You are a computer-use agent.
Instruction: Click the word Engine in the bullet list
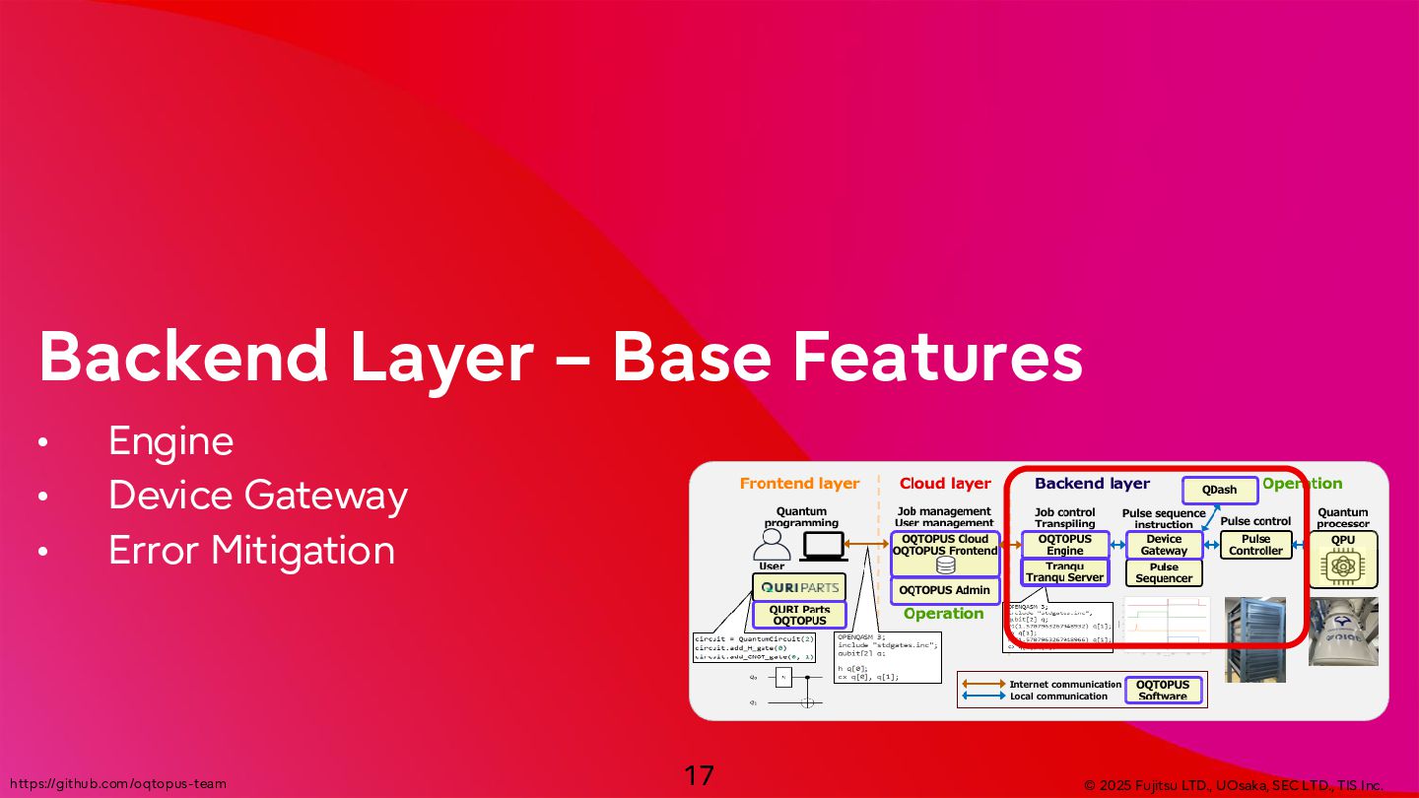170,441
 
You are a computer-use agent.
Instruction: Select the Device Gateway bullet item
257,495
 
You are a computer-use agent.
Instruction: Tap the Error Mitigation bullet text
251,550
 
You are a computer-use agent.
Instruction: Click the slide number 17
699,775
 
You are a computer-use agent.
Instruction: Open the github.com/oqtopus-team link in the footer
117,784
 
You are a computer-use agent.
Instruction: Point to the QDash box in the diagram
1219,490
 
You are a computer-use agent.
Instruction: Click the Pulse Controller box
1255,545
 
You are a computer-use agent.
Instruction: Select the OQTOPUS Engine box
1065,545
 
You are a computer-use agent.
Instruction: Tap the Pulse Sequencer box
1164,572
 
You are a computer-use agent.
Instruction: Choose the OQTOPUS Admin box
944,590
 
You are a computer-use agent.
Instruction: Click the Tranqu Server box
1064,571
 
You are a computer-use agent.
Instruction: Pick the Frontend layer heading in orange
799,484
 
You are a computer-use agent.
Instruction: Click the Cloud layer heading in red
945,484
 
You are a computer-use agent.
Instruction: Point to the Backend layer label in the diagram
1092,484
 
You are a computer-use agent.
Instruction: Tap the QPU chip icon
1341,565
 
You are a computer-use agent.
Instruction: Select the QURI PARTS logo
799,587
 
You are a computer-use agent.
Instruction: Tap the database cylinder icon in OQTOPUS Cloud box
945,565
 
